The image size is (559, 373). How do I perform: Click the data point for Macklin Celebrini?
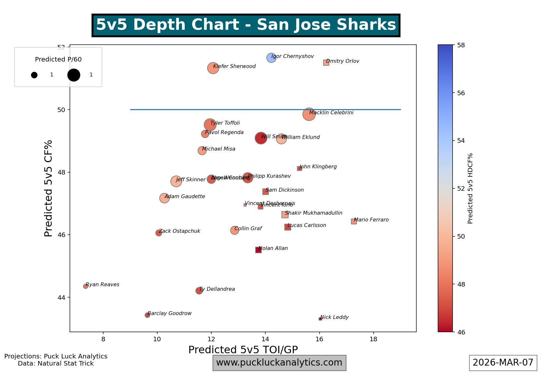tap(309, 114)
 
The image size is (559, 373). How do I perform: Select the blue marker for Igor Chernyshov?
tap(271, 58)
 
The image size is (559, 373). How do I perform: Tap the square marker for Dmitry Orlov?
tap(326, 62)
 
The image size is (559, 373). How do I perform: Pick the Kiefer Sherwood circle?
tap(213, 68)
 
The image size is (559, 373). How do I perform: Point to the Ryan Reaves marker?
tap(85, 286)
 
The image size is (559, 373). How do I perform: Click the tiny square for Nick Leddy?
tap(320, 319)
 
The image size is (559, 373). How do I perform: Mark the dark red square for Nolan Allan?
tap(258, 250)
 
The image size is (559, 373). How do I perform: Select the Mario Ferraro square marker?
tap(354, 221)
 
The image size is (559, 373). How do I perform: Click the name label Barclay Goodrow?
tap(170, 313)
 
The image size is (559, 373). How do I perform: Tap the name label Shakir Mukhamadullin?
tap(313, 213)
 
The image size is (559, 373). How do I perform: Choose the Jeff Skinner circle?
tap(176, 181)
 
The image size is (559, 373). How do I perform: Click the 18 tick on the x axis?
tap(374, 339)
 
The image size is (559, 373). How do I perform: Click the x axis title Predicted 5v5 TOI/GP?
tap(243, 350)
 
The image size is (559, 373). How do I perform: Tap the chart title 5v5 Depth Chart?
tap(246, 25)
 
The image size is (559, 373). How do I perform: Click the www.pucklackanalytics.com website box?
tap(279, 363)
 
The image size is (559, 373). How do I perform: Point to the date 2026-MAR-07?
tap(503, 363)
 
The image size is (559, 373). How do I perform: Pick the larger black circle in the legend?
tap(74, 75)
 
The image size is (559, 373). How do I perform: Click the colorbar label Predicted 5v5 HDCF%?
tap(470, 188)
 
